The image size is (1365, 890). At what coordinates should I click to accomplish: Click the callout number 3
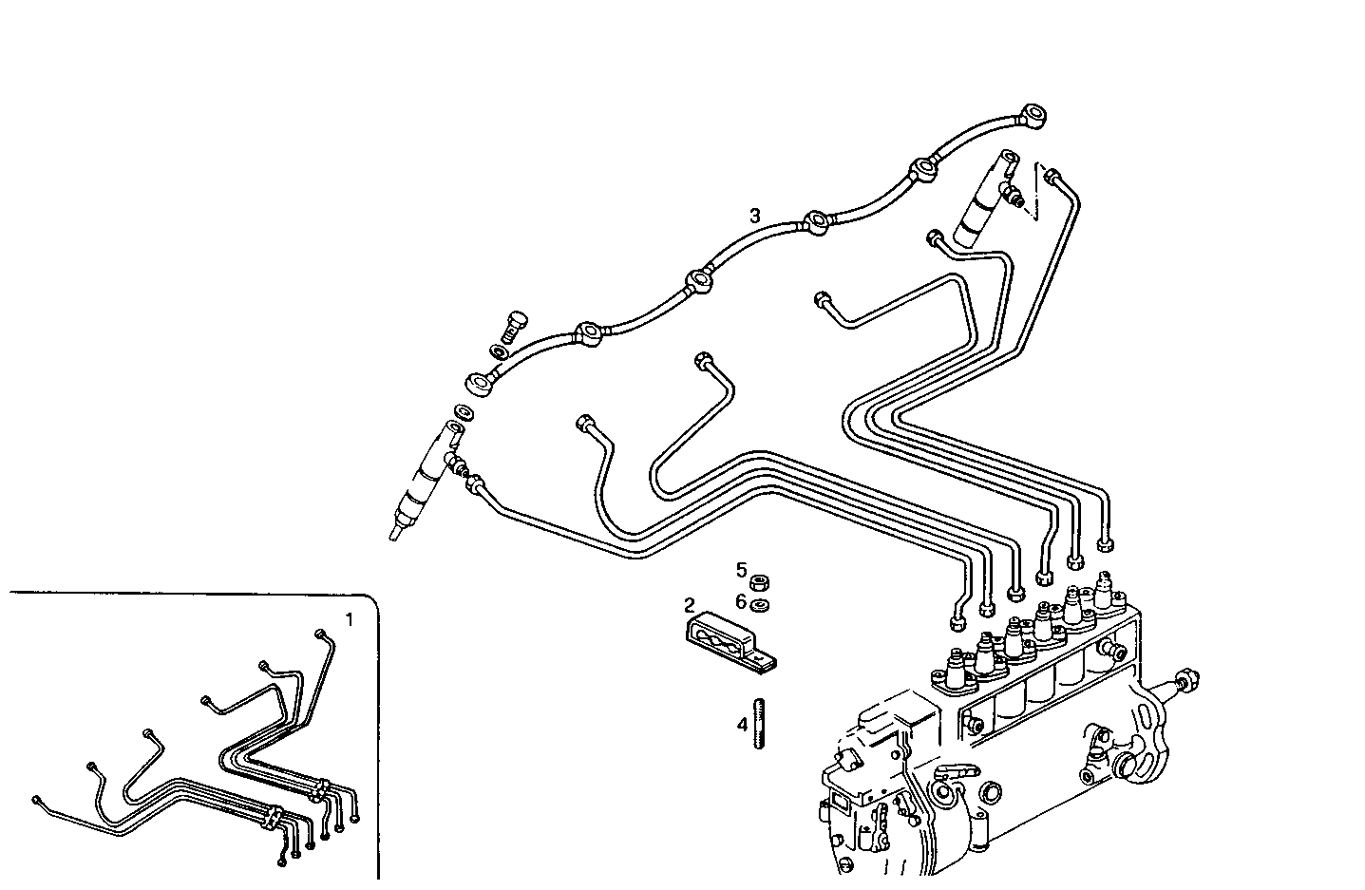[x=754, y=216]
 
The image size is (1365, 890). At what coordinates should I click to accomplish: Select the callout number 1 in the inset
[x=349, y=620]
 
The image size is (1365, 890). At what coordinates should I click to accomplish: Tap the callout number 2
[x=690, y=604]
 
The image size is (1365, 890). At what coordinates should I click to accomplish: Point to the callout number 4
[x=741, y=725]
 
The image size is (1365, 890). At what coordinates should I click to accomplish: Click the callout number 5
[x=741, y=570]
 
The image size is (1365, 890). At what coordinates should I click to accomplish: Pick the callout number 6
[x=741, y=601]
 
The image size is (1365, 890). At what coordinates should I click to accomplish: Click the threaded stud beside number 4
[x=759, y=724]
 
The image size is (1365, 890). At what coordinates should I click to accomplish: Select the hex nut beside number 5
[x=759, y=581]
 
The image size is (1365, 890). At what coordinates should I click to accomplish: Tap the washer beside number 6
[x=759, y=605]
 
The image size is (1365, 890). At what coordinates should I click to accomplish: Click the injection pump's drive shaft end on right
[x=1185, y=679]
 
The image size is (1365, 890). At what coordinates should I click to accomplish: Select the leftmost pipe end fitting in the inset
[x=36, y=800]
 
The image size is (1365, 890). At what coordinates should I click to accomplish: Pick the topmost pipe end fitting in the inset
[x=319, y=634]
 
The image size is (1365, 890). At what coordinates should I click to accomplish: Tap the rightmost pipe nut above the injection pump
[x=1105, y=546]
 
